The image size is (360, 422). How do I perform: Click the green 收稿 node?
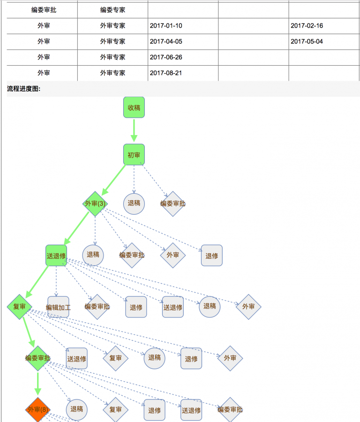tap(134, 107)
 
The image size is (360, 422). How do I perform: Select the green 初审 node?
tap(134, 154)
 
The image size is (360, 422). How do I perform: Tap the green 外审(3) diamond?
tap(95, 203)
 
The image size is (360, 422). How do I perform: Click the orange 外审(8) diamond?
tap(38, 409)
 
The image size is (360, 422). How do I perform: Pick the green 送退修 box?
tap(56, 256)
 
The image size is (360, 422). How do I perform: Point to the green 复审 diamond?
tap(19, 307)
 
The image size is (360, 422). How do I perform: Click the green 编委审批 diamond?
tap(38, 358)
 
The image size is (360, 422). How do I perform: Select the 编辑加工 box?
tap(58, 308)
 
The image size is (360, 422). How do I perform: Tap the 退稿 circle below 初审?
tap(134, 203)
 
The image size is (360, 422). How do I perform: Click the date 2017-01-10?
tap(166, 26)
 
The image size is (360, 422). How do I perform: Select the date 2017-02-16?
tap(307, 26)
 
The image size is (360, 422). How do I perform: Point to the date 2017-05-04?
tap(307, 41)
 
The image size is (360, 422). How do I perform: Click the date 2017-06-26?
tap(166, 57)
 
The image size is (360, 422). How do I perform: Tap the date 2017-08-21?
tap(166, 73)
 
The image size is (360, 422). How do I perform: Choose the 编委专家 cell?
tap(112, 10)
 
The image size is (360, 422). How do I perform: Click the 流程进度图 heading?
tap(24, 89)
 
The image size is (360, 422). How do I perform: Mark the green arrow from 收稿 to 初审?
tap(134, 130)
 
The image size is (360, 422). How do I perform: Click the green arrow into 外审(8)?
tap(38, 384)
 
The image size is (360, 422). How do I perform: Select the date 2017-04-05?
tap(166, 41)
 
